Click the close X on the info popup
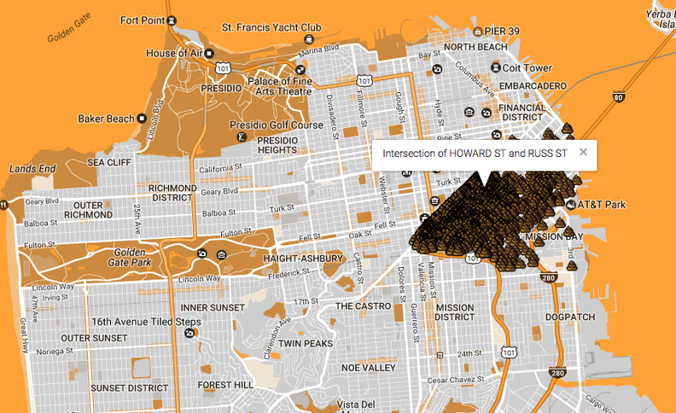tap(584, 153)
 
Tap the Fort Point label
tap(143, 20)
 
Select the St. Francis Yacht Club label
tap(271, 27)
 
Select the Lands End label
tap(32, 169)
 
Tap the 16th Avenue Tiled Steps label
tap(146, 322)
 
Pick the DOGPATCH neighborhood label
tap(568, 315)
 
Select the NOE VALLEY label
tap(368, 367)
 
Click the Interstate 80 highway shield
tap(618, 99)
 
